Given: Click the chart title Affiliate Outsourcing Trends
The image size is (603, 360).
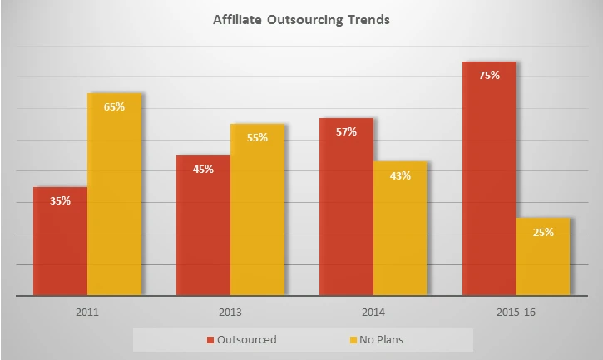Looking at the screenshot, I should point(301,20).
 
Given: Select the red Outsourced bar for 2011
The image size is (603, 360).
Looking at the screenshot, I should point(60,241).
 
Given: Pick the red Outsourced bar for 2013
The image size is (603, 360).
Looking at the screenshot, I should point(203,225).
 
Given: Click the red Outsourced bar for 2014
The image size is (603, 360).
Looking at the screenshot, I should point(347,207).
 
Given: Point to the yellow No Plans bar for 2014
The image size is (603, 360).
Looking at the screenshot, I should point(400,229).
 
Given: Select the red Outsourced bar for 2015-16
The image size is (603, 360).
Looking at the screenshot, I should point(489,179).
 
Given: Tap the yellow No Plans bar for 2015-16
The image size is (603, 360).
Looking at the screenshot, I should point(543,257).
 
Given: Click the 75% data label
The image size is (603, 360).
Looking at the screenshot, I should point(489,75).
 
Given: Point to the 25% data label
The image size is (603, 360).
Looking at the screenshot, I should point(543,232).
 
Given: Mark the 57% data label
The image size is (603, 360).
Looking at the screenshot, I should point(347,131).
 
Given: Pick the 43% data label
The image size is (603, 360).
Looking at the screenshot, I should point(400,175).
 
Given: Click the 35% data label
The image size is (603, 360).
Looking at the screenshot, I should point(60,200).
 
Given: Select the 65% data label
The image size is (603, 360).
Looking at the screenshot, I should point(114,106).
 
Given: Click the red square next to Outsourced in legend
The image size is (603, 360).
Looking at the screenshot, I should point(210,340).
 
